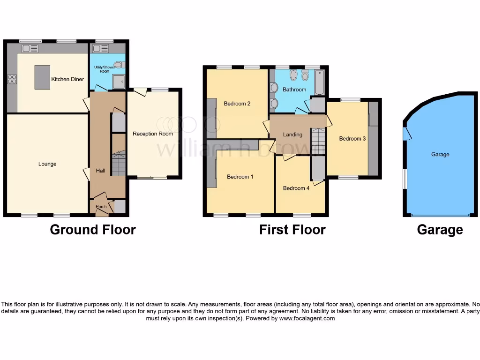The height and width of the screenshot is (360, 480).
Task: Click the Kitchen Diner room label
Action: pyautogui.click(x=67, y=79)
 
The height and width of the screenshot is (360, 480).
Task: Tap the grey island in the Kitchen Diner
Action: pyautogui.click(x=42, y=77)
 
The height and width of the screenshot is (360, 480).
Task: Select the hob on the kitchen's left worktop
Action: pyautogui.click(x=12, y=79)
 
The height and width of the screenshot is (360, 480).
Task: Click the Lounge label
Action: pyautogui.click(x=47, y=164)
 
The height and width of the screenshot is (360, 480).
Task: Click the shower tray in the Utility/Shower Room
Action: pyautogui.click(x=119, y=82)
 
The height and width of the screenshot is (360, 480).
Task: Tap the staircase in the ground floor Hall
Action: pyautogui.click(x=118, y=164)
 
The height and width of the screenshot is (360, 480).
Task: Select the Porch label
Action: pyautogui.click(x=101, y=207)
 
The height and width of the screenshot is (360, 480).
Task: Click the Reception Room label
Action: pyautogui.click(x=153, y=134)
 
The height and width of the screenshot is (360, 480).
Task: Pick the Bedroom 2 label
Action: pyautogui.click(x=237, y=104)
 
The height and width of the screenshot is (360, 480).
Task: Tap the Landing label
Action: pyautogui.click(x=292, y=135)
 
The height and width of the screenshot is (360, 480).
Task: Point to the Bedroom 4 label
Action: pyautogui.click(x=296, y=188)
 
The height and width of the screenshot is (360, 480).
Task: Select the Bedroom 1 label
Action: pyautogui.click(x=240, y=177)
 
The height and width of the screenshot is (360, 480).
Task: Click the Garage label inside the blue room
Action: pyautogui.click(x=440, y=154)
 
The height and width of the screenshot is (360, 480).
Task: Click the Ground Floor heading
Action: pyautogui.click(x=93, y=230)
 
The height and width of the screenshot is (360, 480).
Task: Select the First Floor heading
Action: pyautogui.click(x=292, y=230)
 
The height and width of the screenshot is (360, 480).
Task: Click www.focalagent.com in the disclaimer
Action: pyautogui.click(x=307, y=318)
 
